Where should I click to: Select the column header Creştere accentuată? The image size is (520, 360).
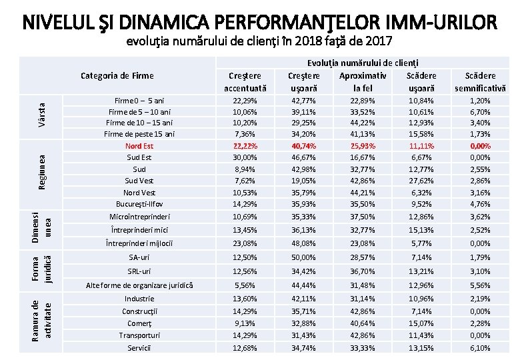(x=245, y=81)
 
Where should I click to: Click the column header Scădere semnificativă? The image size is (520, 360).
(x=480, y=81)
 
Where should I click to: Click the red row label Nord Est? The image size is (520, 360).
(x=139, y=145)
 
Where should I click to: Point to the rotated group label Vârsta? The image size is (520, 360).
(x=41, y=115)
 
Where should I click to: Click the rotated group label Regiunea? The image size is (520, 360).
(x=41, y=171)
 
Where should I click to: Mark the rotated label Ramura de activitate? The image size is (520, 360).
(x=41, y=318)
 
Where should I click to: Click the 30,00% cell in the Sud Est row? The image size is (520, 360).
(x=245, y=157)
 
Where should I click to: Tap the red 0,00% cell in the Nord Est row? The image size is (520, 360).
(x=480, y=145)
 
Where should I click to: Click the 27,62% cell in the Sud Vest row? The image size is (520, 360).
(x=421, y=180)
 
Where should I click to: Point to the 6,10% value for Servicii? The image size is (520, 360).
(x=480, y=348)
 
